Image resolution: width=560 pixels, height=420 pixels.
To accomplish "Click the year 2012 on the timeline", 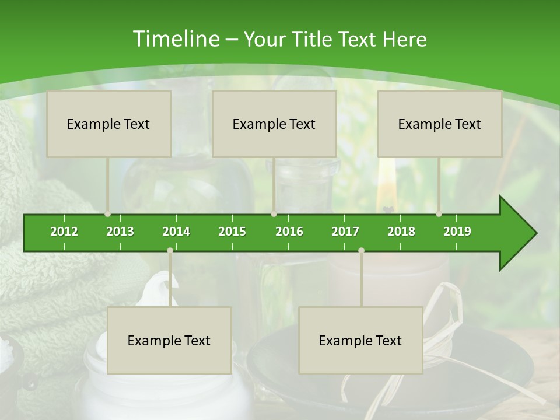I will pos(64,232).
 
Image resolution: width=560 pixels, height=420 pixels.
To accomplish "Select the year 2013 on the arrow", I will pos(120,232).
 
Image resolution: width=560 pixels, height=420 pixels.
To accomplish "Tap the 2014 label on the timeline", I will pos(176,232).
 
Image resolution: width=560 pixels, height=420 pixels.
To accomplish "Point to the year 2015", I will pos(232,232).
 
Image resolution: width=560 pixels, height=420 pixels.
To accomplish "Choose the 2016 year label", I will pos(289,232).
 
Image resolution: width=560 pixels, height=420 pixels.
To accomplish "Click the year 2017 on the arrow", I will pos(345,232).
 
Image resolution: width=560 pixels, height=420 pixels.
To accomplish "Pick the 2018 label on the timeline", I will pos(401,232).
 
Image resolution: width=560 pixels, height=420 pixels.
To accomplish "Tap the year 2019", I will pos(457,232).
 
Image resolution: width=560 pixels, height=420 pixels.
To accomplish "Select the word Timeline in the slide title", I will pos(176,39).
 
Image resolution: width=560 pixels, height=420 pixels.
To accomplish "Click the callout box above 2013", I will pos(108,124).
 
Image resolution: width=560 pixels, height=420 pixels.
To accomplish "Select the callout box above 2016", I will pos(274,124).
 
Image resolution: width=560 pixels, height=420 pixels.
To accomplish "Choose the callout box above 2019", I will pos(440,124).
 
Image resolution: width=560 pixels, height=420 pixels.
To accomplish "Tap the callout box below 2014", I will pos(169,340).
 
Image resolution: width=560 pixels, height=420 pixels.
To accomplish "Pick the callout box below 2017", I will pos(360,340).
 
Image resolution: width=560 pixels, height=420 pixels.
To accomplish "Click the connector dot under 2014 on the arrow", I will pos(170,250).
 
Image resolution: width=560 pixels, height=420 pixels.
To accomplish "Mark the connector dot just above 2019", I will pos(439,214).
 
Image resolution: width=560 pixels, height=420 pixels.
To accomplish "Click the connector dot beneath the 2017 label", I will pos(361,250).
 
